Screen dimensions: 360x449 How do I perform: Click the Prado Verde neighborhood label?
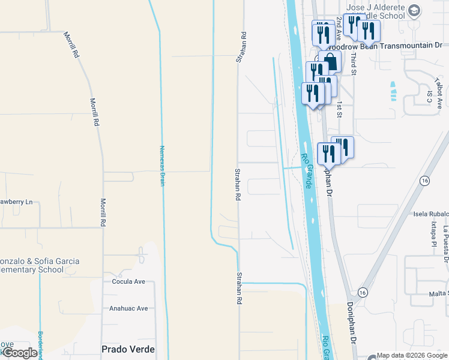coord(128,349)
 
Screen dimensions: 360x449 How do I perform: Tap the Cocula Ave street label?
coord(128,281)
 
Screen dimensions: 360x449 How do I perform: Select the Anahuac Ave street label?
coord(128,308)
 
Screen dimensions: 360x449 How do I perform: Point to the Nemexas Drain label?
coord(161,166)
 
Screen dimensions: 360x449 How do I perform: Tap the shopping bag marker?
coord(330,61)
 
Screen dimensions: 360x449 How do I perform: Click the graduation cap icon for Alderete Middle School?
coord(415,11)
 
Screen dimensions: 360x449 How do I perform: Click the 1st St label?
coord(339,109)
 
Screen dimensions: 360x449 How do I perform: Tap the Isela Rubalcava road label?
coord(430,213)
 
